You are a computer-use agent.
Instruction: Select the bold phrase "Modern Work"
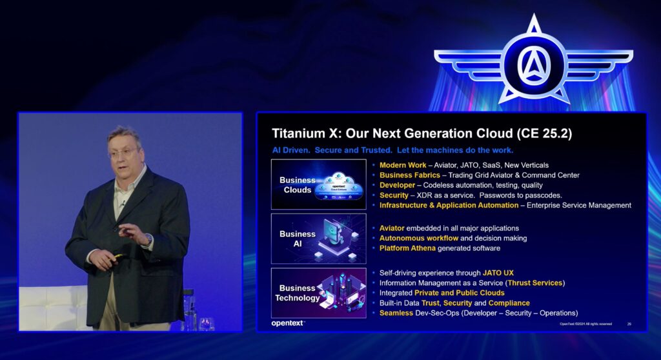[403, 165]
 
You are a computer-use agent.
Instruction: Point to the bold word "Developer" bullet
[398, 185]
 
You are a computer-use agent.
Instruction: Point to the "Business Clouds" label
[298, 185]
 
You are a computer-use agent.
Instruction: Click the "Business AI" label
[298, 239]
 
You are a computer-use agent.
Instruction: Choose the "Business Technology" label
[298, 293]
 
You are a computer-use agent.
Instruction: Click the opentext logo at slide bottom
[288, 323]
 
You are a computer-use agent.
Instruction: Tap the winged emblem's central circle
[534, 64]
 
